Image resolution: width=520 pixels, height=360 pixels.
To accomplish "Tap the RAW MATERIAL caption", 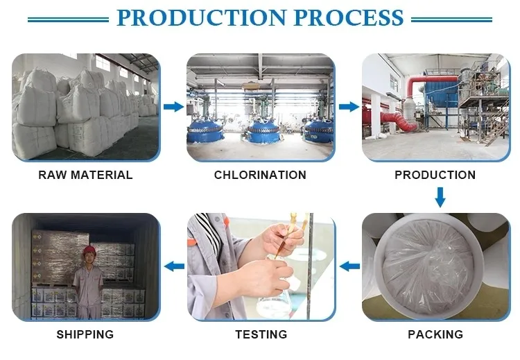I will [x=85, y=175].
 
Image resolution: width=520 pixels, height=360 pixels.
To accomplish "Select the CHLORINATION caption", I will [x=260, y=175].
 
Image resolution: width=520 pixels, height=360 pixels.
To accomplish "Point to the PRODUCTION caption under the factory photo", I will [x=435, y=175].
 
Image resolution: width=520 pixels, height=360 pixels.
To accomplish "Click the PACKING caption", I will [x=435, y=334].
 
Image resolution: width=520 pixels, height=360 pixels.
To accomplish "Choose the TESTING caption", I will [x=261, y=334].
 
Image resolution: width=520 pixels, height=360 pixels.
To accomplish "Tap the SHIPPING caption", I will [x=85, y=334].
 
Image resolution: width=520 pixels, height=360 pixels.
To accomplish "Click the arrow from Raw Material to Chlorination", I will [x=173, y=107].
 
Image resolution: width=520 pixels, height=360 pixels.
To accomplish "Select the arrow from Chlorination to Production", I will [x=349, y=107].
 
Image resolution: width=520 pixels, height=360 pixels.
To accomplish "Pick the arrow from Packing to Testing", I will [x=349, y=266].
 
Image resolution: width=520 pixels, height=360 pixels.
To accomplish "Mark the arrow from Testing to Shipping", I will [x=173, y=266].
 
